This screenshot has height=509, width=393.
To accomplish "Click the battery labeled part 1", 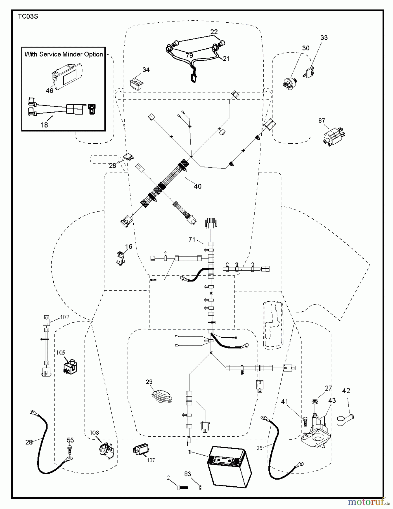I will tap(229, 471).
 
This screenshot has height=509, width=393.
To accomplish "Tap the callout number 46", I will tap(49, 90).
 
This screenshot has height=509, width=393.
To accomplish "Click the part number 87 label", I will tap(322, 120).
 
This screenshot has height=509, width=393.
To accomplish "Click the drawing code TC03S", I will tap(28, 16).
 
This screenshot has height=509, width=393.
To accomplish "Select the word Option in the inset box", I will tap(94, 54).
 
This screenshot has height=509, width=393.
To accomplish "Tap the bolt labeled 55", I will tap(70, 448).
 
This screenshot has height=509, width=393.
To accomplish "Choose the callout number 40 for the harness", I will tap(197, 186).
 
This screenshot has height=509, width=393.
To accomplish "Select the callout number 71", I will tap(192, 240).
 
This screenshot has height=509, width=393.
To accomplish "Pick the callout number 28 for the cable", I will tap(29, 442).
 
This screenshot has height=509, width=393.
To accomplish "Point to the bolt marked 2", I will tap(183, 488).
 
